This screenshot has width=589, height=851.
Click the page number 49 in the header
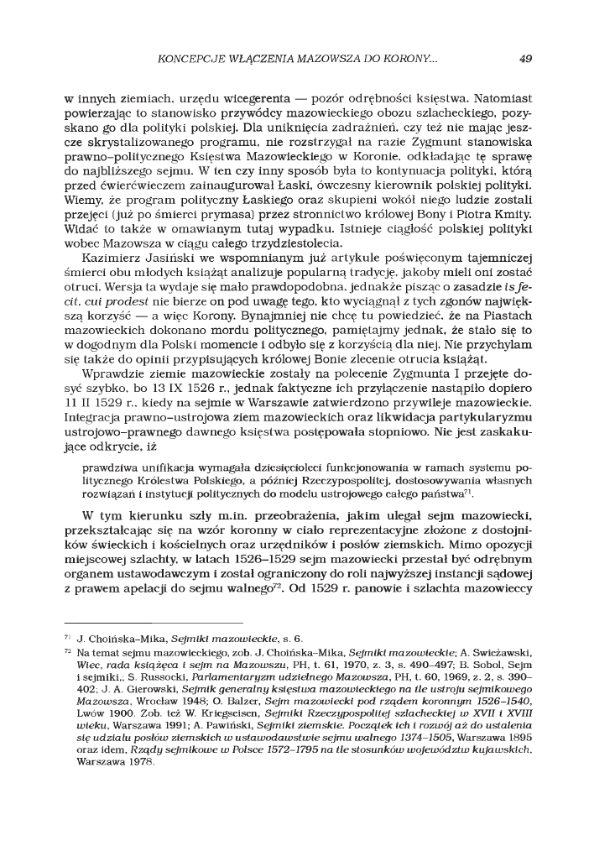point(525,59)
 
